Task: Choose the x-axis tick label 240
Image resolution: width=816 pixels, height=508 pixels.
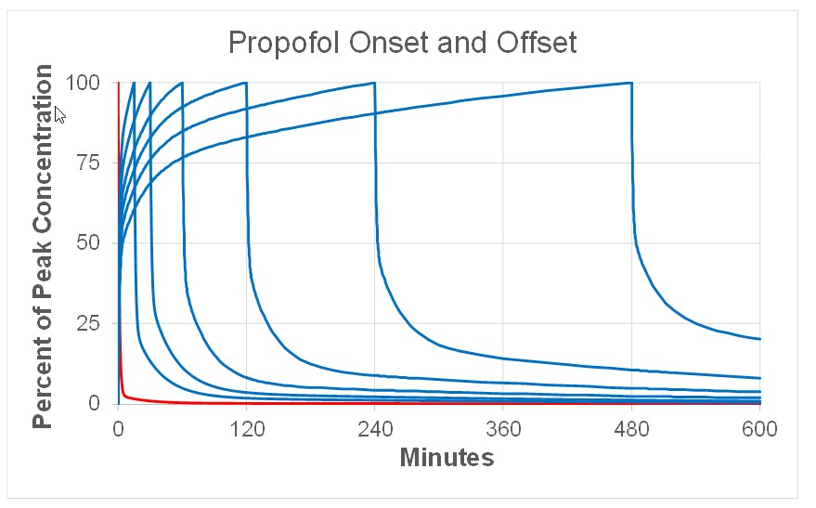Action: (375, 429)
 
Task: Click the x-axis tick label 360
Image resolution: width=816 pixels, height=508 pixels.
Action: (503, 429)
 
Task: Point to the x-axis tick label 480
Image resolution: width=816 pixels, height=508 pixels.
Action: (631, 429)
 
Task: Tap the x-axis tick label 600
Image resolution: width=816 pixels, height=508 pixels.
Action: (759, 429)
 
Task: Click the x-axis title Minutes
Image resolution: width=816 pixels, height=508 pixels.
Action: (447, 457)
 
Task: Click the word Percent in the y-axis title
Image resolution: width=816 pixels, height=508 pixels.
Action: (43, 381)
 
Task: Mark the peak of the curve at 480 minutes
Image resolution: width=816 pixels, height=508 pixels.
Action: (630, 83)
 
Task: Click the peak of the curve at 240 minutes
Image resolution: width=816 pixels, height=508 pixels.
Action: (374, 83)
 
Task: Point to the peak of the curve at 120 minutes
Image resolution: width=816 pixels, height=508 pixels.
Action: (246, 83)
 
